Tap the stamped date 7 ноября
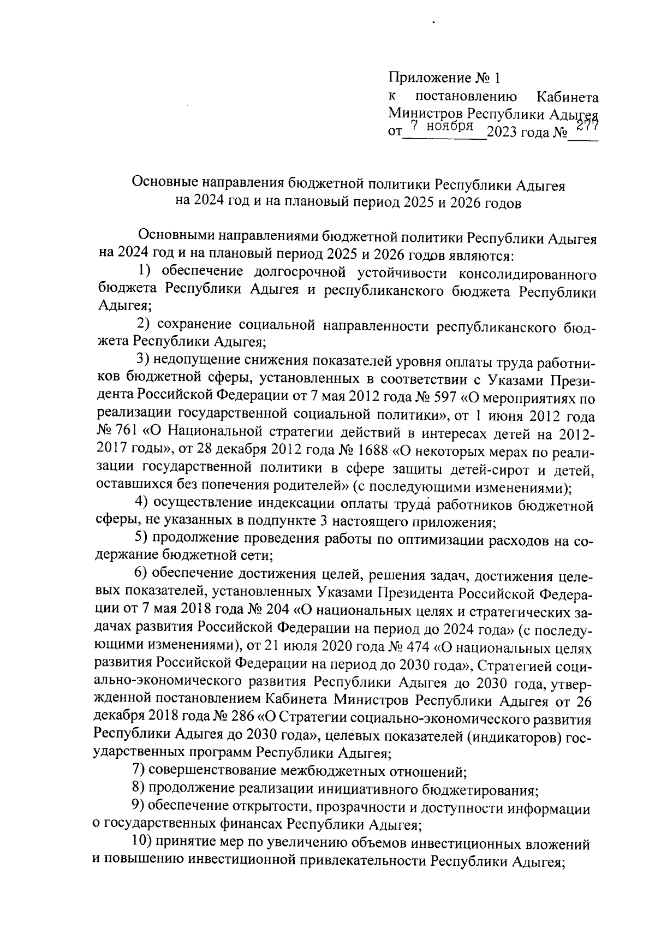(442, 126)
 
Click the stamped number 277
(587, 126)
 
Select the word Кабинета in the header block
(568, 98)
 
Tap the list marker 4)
(142, 503)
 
